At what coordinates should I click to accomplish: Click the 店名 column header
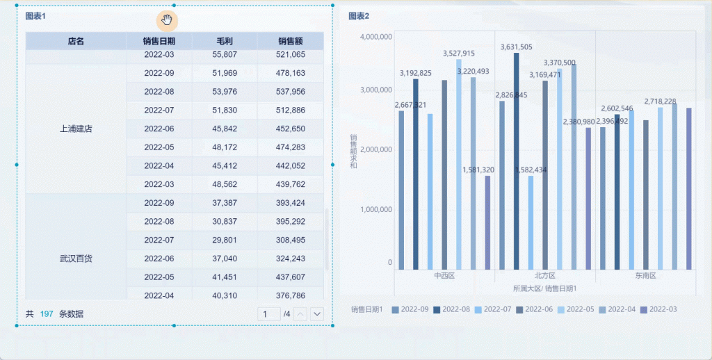76,41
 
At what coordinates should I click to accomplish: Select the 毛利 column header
225,41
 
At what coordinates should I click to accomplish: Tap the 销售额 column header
290,41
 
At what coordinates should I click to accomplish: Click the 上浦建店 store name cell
76,129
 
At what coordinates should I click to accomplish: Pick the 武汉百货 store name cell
76,259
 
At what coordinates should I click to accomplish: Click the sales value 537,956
290,92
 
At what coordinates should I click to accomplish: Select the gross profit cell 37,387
225,203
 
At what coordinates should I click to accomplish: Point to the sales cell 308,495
290,240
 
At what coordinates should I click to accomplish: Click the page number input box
266,314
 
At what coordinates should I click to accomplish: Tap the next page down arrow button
318,314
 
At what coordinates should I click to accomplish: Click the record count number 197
47,314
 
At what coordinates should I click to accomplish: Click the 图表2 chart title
359,16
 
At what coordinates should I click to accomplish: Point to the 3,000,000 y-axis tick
377,90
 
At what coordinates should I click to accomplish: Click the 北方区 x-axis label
544,276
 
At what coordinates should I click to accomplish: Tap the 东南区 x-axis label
645,276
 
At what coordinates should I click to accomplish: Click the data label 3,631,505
517,47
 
